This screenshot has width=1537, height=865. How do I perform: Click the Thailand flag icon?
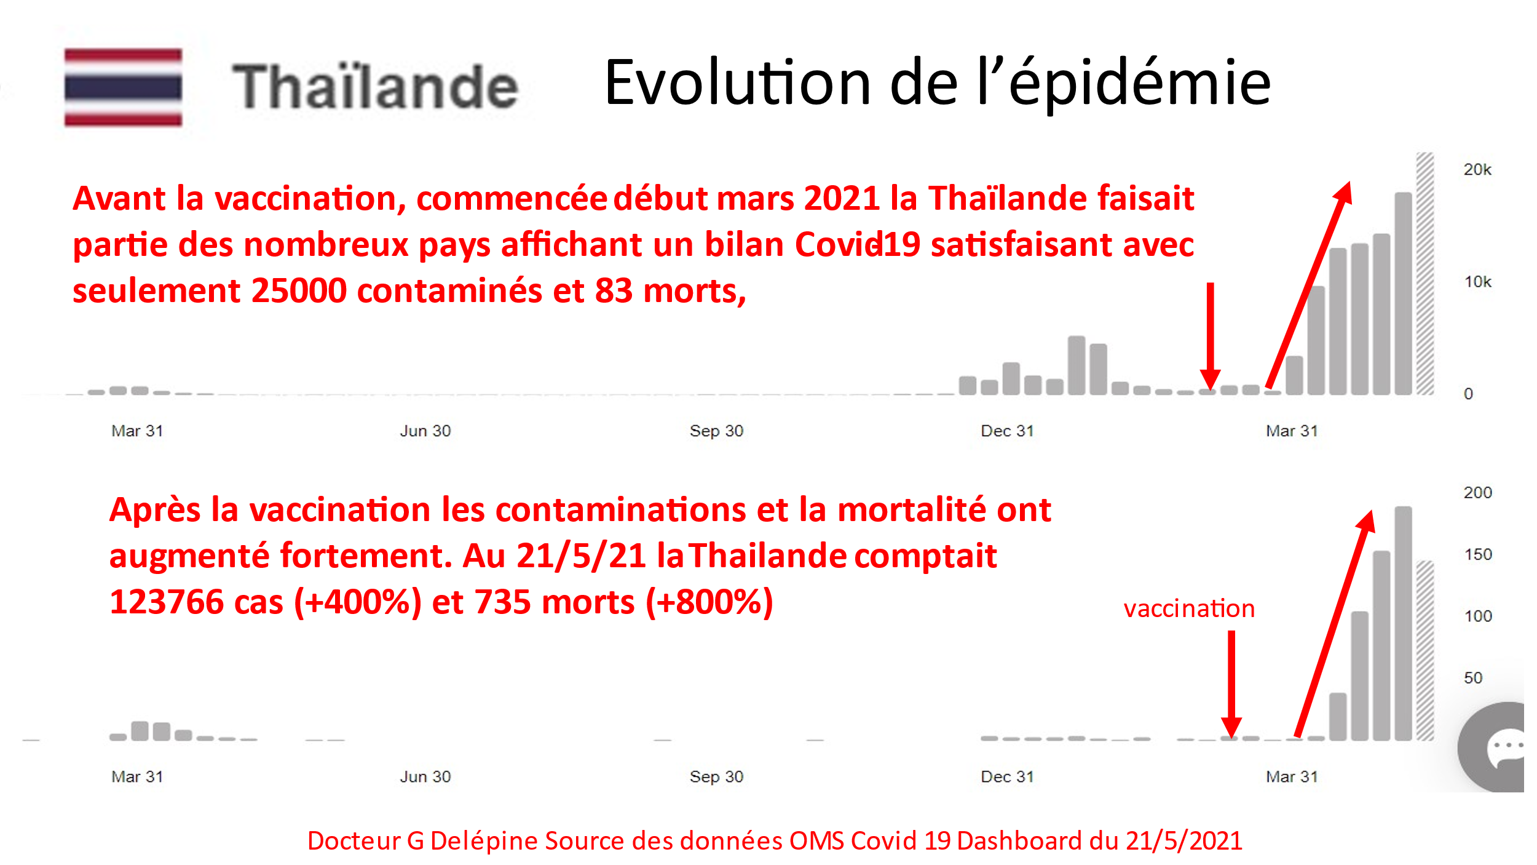coord(123,87)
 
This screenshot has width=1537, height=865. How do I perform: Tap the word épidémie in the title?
coord(1140,83)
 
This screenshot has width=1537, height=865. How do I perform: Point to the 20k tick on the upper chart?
coord(1477,169)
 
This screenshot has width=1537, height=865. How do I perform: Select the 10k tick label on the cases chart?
coord(1477,282)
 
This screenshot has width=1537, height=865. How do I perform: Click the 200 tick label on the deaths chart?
coord(1477,492)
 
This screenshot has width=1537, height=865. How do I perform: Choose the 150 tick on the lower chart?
coord(1478,554)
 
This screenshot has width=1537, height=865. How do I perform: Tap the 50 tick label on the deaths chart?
coord(1473,677)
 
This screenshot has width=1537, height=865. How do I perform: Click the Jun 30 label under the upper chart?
coord(425,431)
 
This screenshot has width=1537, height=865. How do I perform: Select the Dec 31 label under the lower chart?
coord(1007,776)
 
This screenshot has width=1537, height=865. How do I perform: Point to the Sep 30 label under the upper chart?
coord(716,431)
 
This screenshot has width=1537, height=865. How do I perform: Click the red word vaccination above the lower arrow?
coord(1189,608)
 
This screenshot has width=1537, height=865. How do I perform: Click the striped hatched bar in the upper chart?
coord(1424,274)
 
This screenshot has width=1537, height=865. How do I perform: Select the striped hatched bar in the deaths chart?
coord(1424,651)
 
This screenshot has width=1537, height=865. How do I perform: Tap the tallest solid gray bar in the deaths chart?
coord(1403,623)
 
